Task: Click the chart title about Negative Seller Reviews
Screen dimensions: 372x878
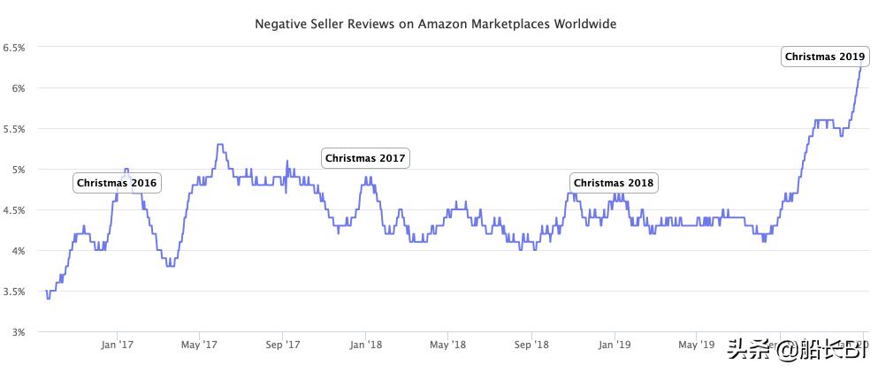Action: click(435, 25)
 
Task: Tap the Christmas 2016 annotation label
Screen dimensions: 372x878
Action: click(117, 183)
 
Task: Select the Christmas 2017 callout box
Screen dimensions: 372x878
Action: click(365, 158)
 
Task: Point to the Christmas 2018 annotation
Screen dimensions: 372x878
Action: click(614, 183)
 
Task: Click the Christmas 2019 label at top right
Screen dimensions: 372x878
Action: click(825, 57)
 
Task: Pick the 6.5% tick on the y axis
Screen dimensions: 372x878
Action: click(15, 48)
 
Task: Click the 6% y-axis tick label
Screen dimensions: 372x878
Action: click(19, 88)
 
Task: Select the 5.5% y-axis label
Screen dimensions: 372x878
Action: click(15, 129)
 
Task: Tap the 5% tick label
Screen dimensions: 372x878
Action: click(19, 170)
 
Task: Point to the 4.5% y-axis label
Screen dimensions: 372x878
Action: click(15, 210)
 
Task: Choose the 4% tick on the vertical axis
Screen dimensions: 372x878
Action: click(19, 251)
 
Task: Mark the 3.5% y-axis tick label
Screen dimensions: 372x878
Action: click(15, 292)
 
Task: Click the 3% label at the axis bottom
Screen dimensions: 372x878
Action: click(19, 332)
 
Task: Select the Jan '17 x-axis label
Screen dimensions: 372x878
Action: click(117, 344)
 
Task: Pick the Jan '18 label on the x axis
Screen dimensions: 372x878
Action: click(365, 344)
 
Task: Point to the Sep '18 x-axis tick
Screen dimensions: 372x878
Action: click(531, 344)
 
